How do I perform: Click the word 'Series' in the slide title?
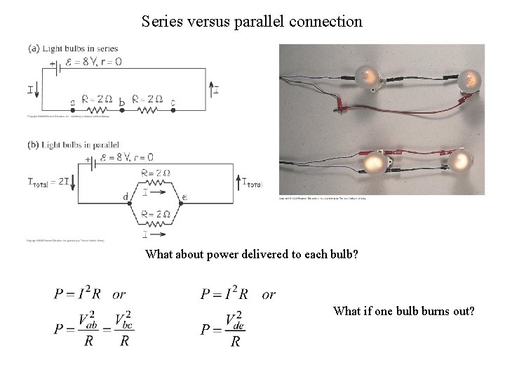pos(160,21)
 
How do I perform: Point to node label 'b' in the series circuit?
pos(121,103)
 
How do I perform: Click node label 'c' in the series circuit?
pos(173,103)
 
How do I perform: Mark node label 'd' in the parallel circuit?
pos(126,197)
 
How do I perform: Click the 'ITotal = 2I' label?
pos(48,182)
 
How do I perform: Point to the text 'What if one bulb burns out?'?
pos(404,310)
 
